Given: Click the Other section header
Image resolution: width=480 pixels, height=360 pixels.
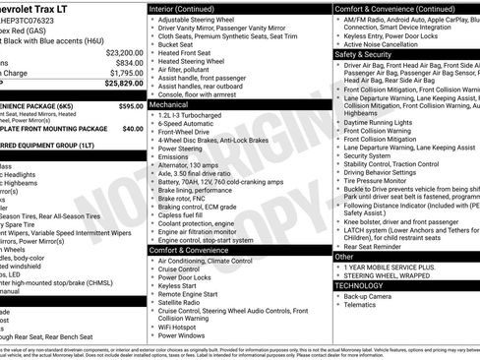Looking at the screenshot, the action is tap(345, 256).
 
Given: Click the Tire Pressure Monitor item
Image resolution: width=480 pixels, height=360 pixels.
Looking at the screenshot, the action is tap(385, 181).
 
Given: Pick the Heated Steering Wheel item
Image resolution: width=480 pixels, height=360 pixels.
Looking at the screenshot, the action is tap(193, 61).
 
